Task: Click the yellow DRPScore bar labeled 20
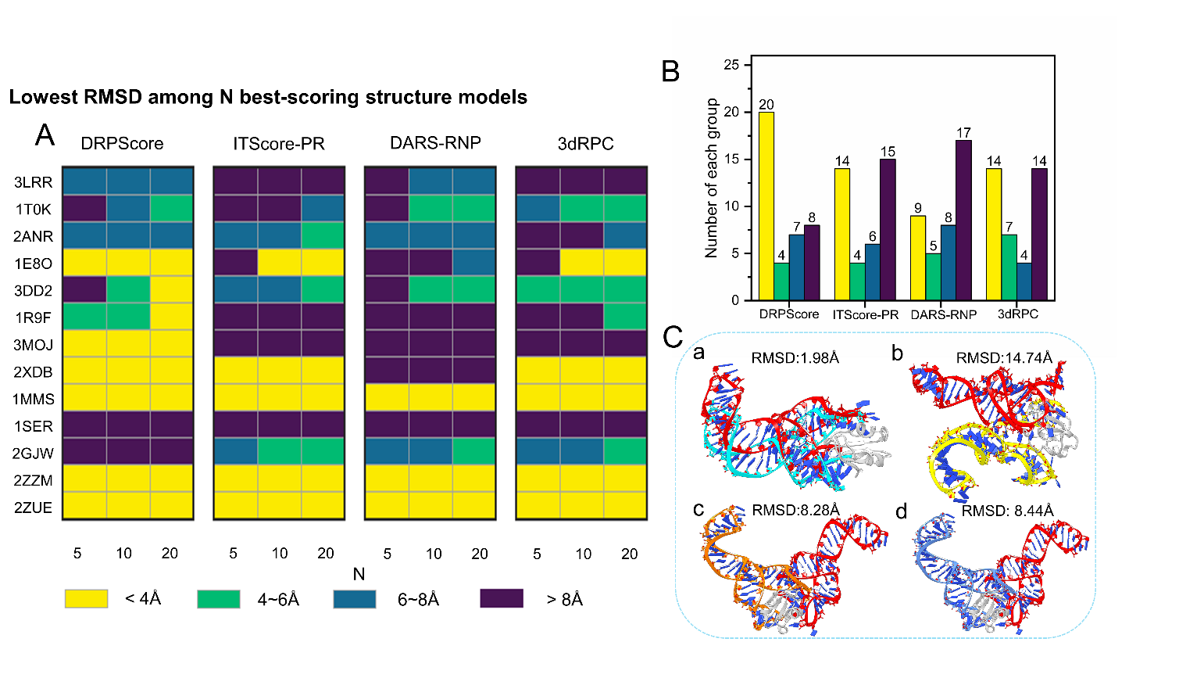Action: tap(766, 206)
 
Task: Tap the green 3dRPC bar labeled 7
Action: tap(1009, 267)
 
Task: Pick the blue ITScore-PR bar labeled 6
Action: tap(872, 271)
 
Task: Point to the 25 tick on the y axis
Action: tap(731, 65)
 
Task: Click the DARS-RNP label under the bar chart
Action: tap(943, 314)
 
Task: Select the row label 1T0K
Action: tap(34, 210)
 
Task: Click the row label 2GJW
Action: tap(33, 454)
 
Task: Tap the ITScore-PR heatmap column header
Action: tap(279, 144)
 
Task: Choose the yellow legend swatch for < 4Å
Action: tap(86, 599)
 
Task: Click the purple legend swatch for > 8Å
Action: tap(502, 599)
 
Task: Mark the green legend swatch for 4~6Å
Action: tap(219, 599)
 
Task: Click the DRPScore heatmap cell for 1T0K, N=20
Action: tap(171, 209)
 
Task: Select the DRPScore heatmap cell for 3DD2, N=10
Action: tap(128, 290)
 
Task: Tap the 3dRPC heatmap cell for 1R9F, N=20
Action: tap(625, 317)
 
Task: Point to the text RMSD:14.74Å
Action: tap(1004, 358)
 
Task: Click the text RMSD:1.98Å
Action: tap(795, 358)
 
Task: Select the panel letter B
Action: tap(670, 71)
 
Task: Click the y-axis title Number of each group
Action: tap(711, 178)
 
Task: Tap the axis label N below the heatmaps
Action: tap(359, 574)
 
